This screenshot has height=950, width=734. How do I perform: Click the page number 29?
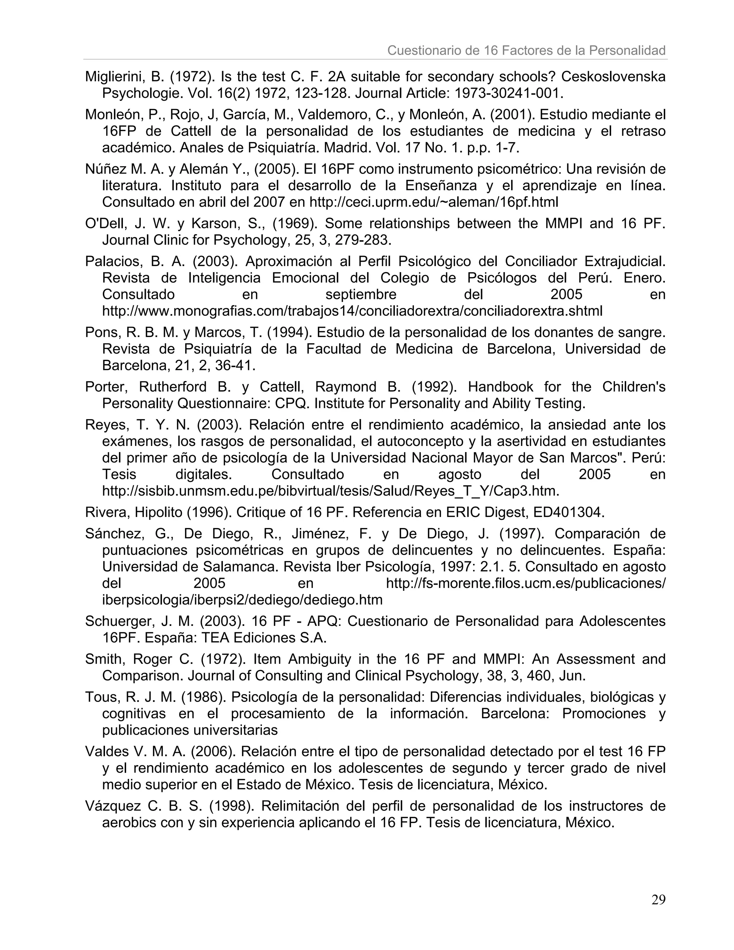coord(658,899)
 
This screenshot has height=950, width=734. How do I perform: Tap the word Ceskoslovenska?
coord(613,77)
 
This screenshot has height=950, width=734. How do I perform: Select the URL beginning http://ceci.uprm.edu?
coord(434,202)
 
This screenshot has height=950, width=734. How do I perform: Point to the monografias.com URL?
coord(352,311)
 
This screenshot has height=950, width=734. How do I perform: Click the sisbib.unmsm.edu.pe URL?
coord(330,491)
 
